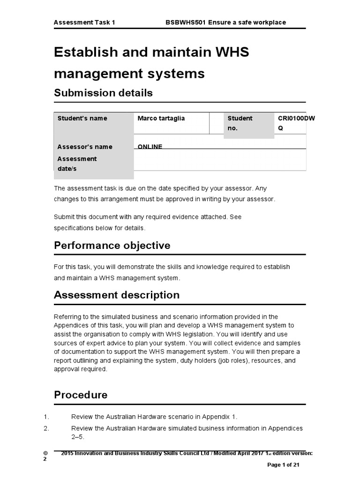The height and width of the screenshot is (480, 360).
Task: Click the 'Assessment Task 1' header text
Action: click(x=84, y=22)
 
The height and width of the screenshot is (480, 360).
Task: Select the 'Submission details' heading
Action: click(x=103, y=93)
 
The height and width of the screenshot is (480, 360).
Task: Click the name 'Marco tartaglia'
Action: click(x=161, y=119)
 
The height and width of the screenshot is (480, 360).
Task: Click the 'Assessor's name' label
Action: click(x=85, y=147)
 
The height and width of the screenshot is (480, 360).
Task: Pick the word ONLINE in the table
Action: click(x=150, y=147)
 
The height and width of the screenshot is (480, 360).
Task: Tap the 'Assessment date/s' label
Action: click(x=77, y=164)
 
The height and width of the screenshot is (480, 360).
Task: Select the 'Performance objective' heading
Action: click(x=112, y=246)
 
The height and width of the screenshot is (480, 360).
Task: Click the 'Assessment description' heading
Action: click(x=117, y=295)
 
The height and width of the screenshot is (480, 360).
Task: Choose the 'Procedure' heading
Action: click(x=81, y=395)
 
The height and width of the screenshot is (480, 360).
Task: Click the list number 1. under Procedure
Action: click(x=46, y=417)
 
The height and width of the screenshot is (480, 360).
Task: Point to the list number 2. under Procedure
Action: click(x=46, y=428)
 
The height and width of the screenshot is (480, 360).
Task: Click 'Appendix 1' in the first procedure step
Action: click(x=222, y=417)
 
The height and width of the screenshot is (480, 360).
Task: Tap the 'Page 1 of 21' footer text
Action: click(x=283, y=465)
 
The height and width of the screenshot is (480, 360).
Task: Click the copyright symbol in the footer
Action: click(x=45, y=453)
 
